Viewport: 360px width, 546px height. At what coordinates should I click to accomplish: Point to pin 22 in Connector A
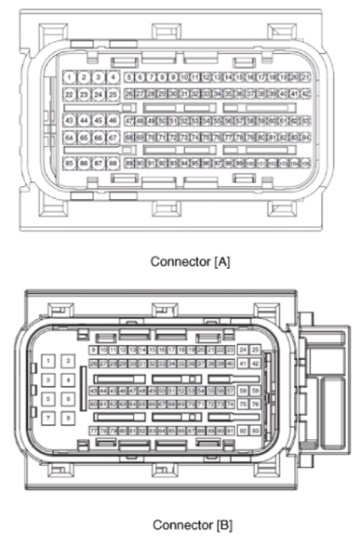pos(70,94)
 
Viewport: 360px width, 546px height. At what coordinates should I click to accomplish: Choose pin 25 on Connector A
pos(113,94)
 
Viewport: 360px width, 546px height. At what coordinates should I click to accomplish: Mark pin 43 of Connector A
pos(70,120)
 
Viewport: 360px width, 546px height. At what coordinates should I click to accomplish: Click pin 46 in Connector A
pos(113,120)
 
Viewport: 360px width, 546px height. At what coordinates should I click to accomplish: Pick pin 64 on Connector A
pos(70,137)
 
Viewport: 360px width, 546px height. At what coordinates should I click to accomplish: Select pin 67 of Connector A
pos(113,137)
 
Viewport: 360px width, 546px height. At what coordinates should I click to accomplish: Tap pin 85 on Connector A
pos(70,163)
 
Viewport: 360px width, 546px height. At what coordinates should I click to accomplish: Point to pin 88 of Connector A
pos(113,163)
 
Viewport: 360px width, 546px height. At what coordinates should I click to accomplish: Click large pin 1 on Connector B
pos(48,361)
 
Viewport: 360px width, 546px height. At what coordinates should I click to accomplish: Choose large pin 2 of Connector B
pos(68,361)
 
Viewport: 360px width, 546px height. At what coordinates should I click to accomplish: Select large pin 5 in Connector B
pos(48,399)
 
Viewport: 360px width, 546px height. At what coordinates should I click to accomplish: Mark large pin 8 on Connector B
pos(68,418)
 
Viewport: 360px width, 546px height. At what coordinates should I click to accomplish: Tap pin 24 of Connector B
pos(243,350)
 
